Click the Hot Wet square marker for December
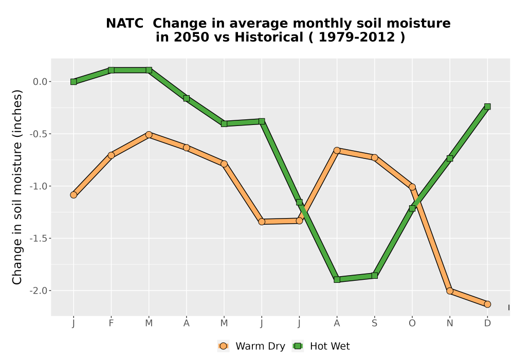pos(487,106)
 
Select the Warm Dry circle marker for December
pos(487,304)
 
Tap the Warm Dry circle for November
pos(450,291)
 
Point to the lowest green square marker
pos(337,280)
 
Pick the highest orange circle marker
pos(149,135)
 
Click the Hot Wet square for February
pos(111,70)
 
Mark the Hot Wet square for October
pos(412,208)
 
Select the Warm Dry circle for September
pos(374,158)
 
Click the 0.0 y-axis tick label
pos(40,82)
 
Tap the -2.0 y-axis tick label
pos(39,291)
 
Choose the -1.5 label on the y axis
pos(39,238)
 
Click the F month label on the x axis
pos(111,323)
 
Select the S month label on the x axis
pos(374,323)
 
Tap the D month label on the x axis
pos(487,323)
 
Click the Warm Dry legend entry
pos(251,346)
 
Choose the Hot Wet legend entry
pos(321,346)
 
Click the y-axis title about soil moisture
pos(17,187)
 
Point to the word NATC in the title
pos(125,24)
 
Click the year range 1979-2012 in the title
pos(357,37)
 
